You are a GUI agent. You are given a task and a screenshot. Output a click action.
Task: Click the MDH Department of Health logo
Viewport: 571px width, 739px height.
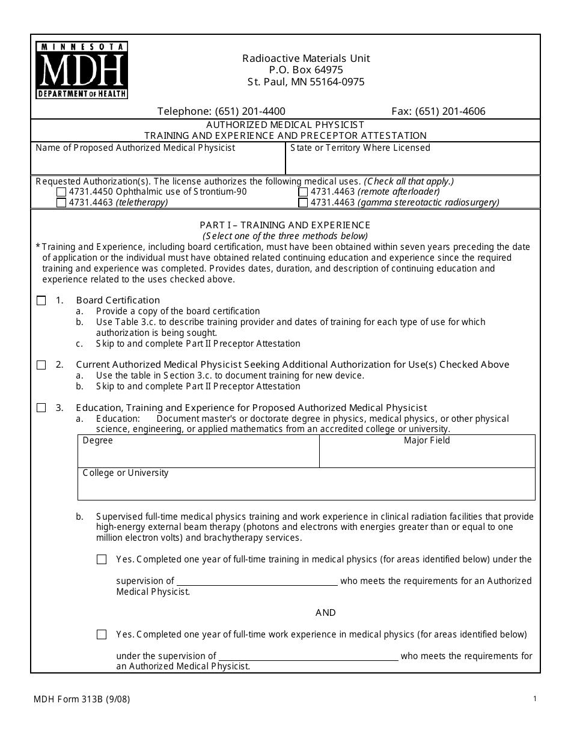coord(82,70)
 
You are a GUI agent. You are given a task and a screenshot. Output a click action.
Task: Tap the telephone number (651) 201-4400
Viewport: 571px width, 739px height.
coord(221,111)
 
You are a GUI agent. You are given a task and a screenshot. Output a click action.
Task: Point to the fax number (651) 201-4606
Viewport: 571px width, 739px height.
coord(438,111)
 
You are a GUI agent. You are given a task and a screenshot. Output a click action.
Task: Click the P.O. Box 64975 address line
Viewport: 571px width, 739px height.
coord(306,70)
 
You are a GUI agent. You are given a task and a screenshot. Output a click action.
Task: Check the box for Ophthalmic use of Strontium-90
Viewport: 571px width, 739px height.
coord(61,192)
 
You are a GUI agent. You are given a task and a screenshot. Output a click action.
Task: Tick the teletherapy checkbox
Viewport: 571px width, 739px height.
coord(61,203)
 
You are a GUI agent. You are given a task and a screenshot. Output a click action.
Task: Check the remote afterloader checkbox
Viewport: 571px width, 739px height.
coord(303,192)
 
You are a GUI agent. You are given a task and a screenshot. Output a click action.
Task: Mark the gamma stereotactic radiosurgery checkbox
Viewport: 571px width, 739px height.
coord(303,203)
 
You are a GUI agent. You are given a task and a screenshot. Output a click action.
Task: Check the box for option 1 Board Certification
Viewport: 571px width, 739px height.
coord(41,300)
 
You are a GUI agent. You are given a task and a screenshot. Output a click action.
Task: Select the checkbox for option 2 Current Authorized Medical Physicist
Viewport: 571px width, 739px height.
coord(41,365)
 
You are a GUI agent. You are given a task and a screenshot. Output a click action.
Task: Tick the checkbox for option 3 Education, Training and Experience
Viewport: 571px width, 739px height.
coord(41,408)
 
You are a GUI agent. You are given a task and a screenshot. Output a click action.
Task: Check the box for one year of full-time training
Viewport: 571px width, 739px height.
coord(102,559)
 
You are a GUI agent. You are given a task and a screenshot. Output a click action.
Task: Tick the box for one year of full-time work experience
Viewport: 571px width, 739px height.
coord(102,634)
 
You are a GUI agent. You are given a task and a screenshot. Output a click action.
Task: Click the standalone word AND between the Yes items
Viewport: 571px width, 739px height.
coord(325,613)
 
